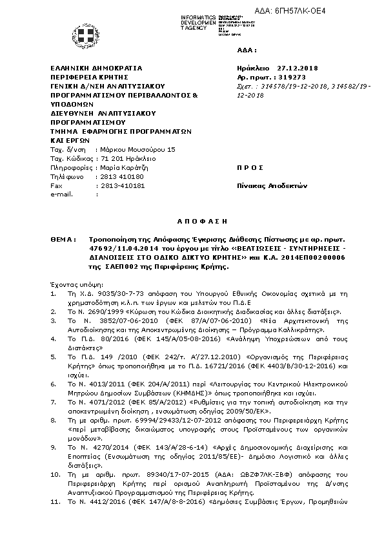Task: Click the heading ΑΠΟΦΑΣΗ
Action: (192, 219)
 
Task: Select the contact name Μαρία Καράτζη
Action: (122, 167)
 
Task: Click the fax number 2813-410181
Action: (123, 185)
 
